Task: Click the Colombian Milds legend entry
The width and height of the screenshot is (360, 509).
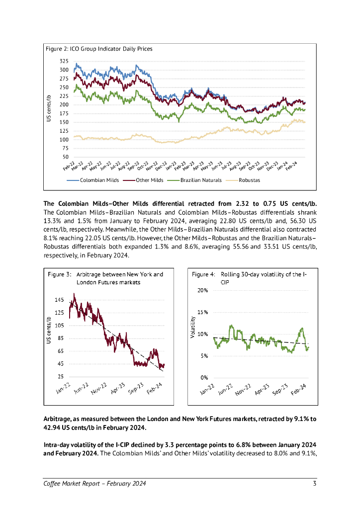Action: [x=99, y=180]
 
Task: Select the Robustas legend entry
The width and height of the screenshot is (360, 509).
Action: [x=249, y=180]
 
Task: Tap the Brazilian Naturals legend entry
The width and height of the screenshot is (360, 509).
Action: [x=200, y=180]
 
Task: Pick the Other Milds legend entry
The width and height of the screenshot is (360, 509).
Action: [x=149, y=180]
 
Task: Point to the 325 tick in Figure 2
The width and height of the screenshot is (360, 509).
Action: [x=64, y=61]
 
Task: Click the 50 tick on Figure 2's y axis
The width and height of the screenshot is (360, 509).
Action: [x=66, y=157]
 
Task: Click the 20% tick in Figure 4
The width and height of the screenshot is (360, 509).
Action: [x=202, y=290]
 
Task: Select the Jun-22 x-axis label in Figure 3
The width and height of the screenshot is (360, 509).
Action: [x=81, y=389]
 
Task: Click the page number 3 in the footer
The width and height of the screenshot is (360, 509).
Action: [x=314, y=484]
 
